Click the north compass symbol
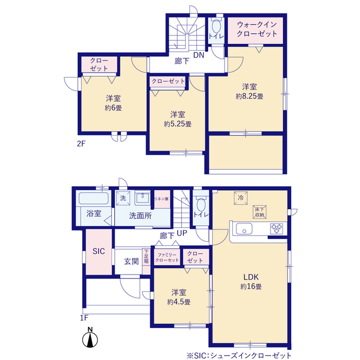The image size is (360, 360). pos(89,339)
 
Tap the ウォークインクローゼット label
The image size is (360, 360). pos(257,29)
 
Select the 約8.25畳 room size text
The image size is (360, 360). pos(250,96)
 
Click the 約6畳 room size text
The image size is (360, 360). pos(113,107)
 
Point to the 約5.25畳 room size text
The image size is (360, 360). pos(178,123)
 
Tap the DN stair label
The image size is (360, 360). pos(199,55)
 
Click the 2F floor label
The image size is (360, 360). pos(81,143)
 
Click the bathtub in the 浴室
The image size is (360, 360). pos(93,199)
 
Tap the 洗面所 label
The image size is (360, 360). pos(141,215)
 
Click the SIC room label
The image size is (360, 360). pos(98,251)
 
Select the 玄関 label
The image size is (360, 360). pos(131,262)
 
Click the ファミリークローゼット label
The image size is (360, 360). pos(168,257)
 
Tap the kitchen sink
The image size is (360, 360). pos(245,228)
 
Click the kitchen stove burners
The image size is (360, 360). pos(277,228)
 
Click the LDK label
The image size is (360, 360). pos(250,277)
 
